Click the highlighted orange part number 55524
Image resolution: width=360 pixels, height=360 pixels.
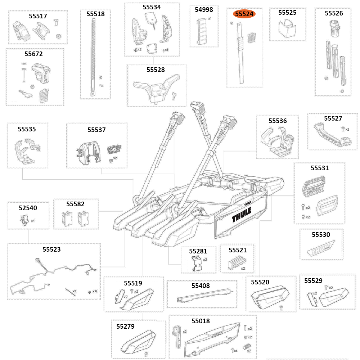pos(244,14)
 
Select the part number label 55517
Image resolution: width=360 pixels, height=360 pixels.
pos(38,16)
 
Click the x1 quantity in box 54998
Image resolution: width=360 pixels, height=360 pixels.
pos(210,19)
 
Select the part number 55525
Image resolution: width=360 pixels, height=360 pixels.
pos(287,13)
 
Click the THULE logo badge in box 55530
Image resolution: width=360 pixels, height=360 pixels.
pos(321,249)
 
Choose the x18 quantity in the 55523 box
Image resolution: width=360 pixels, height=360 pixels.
pos(95,291)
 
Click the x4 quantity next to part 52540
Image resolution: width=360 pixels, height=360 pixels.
pos(33,220)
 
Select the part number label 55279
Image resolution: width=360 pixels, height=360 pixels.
pos(125,327)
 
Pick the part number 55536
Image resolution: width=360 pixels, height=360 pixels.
pos(278,121)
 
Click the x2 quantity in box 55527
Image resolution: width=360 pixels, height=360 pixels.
pos(347,129)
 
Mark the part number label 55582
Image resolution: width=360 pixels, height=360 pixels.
pos(76,204)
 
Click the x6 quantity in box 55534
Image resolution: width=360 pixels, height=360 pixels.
pos(166,50)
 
